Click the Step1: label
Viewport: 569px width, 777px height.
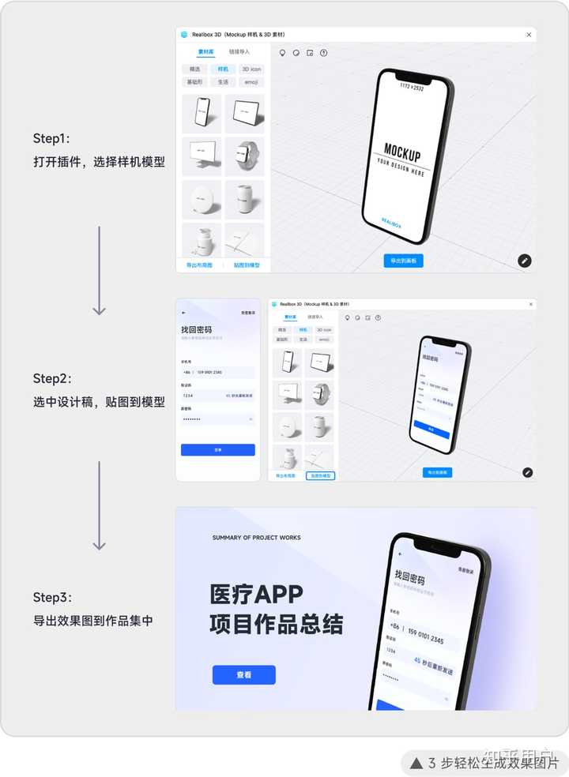(x=51, y=139)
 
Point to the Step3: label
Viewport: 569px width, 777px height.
(x=52, y=597)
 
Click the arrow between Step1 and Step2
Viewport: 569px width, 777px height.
(x=99, y=270)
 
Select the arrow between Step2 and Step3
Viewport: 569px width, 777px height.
(x=99, y=505)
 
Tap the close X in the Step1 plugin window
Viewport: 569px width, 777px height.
(x=529, y=35)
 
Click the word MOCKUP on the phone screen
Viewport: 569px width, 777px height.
(x=402, y=152)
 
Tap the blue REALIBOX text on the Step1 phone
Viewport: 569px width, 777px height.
(x=390, y=223)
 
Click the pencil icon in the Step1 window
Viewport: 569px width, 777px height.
(x=525, y=261)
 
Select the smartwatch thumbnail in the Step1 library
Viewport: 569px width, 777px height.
(x=244, y=156)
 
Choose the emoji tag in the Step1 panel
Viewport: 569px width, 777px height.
(x=251, y=82)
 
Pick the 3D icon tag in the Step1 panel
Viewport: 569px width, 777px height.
(x=251, y=69)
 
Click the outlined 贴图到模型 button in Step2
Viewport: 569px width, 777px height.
(x=320, y=476)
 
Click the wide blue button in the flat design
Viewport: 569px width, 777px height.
(x=217, y=449)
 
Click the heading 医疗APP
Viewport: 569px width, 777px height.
(x=256, y=594)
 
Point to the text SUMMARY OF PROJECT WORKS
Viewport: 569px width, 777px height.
(x=256, y=538)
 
